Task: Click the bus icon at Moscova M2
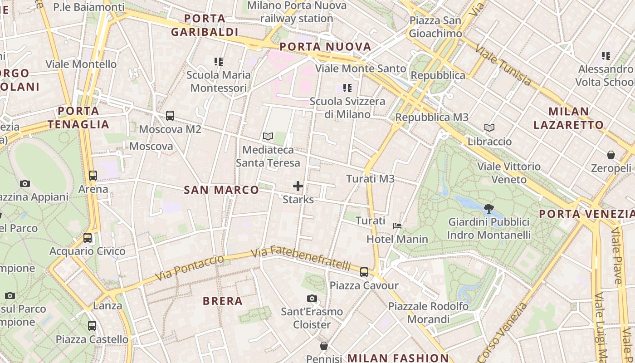[170, 116]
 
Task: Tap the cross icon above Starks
[298, 186]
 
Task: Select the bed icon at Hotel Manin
[397, 226]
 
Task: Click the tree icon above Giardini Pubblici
[488, 209]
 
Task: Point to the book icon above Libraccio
[489, 128]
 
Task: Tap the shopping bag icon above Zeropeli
[611, 155]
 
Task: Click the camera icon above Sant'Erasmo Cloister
[312, 298]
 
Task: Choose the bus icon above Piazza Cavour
[364, 272]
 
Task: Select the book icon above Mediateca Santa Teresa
[268, 136]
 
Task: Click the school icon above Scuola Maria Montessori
[219, 61]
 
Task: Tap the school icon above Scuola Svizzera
[347, 88]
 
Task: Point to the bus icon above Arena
[93, 175]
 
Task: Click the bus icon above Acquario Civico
[88, 237]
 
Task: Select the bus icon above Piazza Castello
[92, 325]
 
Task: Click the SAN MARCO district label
[221, 190]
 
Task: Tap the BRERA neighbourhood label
[223, 301]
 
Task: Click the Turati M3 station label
[370, 179]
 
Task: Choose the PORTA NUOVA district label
[325, 47]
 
